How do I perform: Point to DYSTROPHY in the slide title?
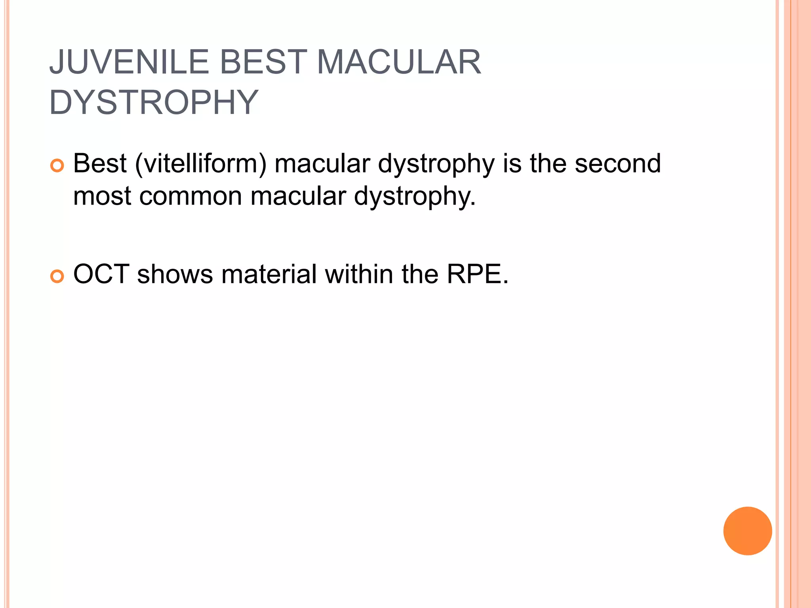154,102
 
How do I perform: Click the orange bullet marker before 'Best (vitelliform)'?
57,165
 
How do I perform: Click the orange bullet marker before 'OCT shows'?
57,276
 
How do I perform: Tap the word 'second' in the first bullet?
618,163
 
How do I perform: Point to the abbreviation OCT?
101,274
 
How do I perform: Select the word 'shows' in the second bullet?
175,274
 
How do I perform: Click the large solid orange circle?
747,531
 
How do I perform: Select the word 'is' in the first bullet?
512,163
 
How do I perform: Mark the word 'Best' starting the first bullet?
100,163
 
